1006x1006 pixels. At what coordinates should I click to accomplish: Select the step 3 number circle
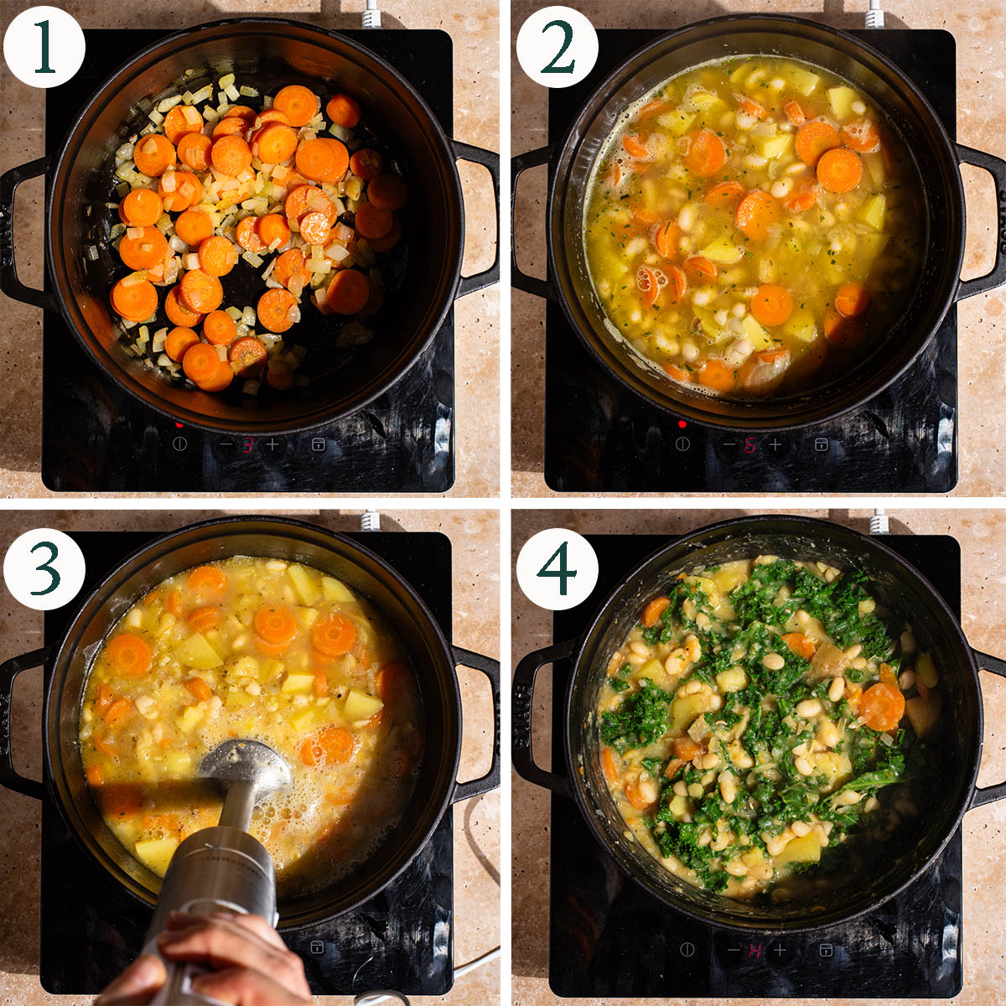tap(44, 568)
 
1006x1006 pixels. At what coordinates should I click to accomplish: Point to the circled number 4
tap(557, 568)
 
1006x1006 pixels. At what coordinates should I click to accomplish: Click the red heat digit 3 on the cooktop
tap(247, 445)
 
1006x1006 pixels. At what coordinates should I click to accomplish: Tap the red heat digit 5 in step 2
tap(750, 445)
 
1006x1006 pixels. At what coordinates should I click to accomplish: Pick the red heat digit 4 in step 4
tap(754, 951)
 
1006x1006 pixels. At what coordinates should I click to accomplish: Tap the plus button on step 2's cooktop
tap(775, 444)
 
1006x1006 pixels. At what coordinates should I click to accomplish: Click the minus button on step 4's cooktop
tap(733, 951)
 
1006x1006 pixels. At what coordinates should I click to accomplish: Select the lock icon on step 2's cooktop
tap(822, 444)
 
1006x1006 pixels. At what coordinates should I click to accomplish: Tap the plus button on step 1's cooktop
tap(272, 444)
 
